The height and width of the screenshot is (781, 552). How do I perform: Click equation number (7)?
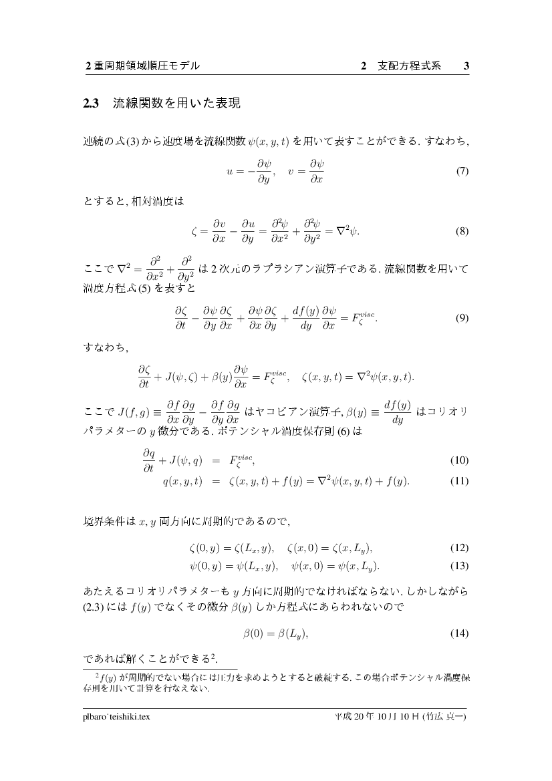461,172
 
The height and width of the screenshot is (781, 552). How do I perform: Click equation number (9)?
461,319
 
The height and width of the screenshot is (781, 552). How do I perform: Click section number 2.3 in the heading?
91,104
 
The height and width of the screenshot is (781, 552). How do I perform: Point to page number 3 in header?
466,66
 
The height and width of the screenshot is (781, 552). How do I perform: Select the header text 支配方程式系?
409,66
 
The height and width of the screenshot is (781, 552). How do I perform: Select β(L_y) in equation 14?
292,633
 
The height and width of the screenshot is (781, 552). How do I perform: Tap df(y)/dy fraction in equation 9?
299,319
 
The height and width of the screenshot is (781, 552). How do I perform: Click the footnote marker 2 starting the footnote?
97,675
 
